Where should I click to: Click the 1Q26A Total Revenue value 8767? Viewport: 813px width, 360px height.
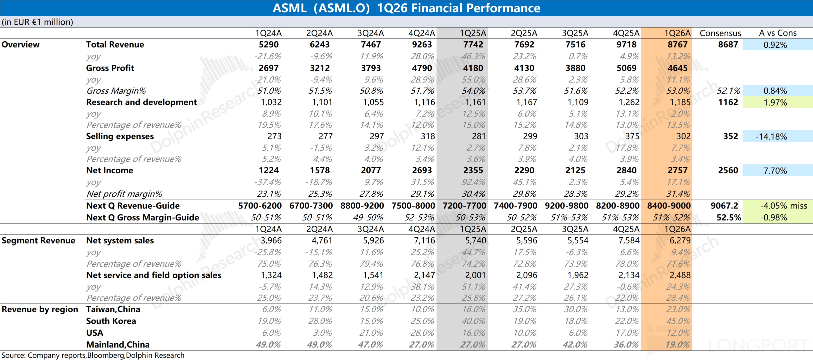point(677,44)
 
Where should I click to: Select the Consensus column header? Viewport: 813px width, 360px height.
point(720,33)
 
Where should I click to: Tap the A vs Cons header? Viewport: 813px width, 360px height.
point(778,33)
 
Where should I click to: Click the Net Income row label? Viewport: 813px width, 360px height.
point(110,170)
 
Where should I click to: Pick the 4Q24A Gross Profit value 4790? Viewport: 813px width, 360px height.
point(422,68)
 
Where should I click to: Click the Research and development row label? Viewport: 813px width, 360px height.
point(141,102)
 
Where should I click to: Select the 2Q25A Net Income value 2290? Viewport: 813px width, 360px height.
point(524,170)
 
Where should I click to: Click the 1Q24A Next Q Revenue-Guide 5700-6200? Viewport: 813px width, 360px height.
point(260,206)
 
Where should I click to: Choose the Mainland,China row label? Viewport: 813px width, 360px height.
point(118,344)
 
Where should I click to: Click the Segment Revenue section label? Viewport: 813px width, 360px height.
point(38,240)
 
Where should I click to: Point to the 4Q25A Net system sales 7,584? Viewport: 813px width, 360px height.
point(629,240)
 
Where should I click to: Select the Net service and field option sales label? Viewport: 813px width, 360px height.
point(154,275)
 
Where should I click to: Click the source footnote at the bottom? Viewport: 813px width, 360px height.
point(93,355)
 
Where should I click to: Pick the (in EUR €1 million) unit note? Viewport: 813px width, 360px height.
point(37,22)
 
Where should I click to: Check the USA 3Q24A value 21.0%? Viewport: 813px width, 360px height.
point(371,333)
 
